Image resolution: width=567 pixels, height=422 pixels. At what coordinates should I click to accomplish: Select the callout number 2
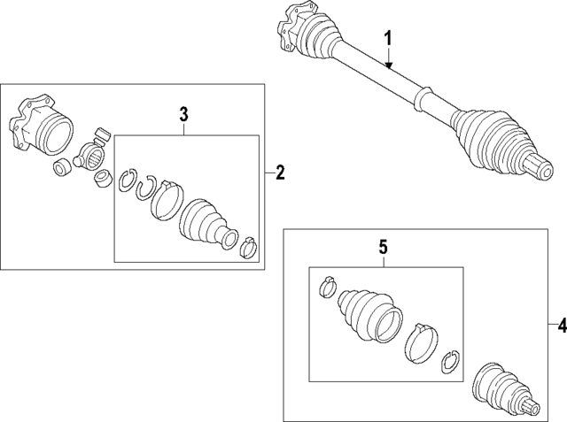coord(280,173)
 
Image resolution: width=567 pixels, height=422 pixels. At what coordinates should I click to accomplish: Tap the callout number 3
coord(184,113)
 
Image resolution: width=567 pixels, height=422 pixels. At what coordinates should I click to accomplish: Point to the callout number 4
coord(560,326)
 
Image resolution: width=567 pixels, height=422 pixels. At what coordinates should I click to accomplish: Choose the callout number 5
coord(384,246)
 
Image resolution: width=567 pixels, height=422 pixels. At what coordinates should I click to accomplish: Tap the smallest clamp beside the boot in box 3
coord(250,248)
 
